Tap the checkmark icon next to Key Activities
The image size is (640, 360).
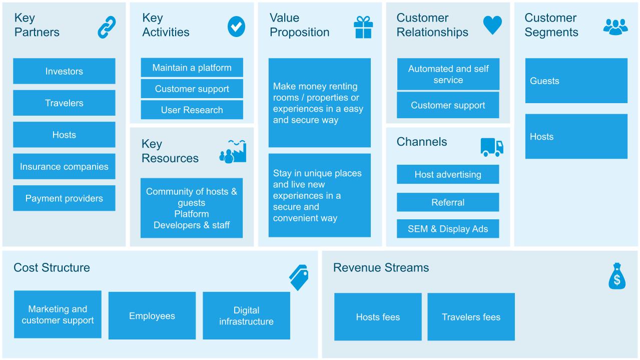pos(236,27)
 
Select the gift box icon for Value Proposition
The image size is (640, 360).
pos(363,27)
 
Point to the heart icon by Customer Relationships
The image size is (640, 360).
pos(492,25)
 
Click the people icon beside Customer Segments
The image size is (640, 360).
pos(615,27)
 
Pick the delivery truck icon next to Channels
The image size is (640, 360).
pos(492,147)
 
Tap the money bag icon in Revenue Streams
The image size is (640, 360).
pos(617,276)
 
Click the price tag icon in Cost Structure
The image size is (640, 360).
pos(299,277)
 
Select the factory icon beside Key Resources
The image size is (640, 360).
pos(233,152)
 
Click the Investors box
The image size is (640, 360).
pos(64,71)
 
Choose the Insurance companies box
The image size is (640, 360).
pos(64,166)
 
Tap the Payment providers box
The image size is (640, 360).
pos(64,198)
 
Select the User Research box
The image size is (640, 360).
pos(192,110)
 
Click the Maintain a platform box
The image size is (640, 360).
pos(192,68)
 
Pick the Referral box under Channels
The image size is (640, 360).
pos(448,202)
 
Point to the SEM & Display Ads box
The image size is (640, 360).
pos(448,229)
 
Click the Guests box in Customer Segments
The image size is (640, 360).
pos(576,81)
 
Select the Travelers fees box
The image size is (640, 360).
pos(471,317)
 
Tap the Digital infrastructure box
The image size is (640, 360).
pos(246,315)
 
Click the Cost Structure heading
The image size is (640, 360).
pos(52,268)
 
